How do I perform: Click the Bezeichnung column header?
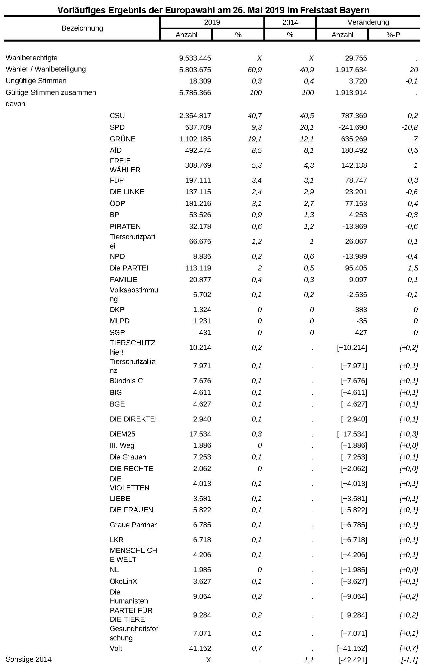point(82,28)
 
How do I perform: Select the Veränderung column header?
point(368,22)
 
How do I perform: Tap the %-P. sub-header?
point(394,35)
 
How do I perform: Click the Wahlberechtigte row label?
point(32,58)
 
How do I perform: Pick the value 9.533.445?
point(195,58)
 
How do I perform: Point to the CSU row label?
point(117,116)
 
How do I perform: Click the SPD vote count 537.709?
point(198,127)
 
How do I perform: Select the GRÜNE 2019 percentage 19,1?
point(255,139)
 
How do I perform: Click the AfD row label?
point(116,150)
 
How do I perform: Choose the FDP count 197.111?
point(198,180)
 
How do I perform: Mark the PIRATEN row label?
point(125,227)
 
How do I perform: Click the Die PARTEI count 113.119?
point(198,268)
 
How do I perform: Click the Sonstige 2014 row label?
point(29,659)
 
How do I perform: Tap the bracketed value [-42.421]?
point(352,660)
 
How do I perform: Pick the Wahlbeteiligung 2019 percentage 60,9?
point(255,70)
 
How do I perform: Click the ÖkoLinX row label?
point(123,582)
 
